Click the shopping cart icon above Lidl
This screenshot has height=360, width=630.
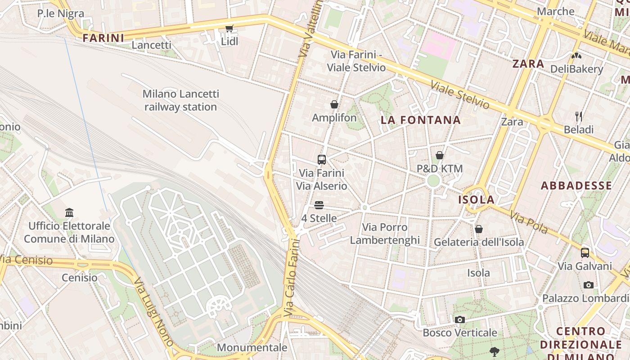click(229, 29)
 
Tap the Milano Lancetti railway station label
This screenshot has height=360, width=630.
click(180, 100)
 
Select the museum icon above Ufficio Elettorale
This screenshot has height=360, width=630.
click(69, 212)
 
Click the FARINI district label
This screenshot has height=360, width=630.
click(103, 38)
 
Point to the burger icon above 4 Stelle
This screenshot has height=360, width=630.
click(319, 205)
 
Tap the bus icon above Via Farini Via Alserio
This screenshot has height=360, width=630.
click(322, 159)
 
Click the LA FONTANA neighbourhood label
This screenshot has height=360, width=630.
click(421, 120)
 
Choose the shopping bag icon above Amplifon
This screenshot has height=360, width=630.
click(334, 104)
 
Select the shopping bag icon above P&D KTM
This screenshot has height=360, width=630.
click(440, 155)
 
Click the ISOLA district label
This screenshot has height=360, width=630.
click(477, 200)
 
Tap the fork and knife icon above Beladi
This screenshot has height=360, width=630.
click(579, 117)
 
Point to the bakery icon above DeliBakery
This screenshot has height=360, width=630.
click(576, 56)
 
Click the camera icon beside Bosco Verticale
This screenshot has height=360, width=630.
click(459, 319)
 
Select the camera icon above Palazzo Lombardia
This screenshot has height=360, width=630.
click(588, 285)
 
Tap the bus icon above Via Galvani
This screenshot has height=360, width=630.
click(585, 252)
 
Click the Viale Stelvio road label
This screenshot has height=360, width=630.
click(460, 95)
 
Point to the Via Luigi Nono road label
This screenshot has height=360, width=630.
click(153, 311)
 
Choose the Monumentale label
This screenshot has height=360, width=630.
click(252, 347)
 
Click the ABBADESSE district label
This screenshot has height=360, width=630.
click(576, 185)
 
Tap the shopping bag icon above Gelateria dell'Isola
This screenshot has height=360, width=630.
click(479, 229)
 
